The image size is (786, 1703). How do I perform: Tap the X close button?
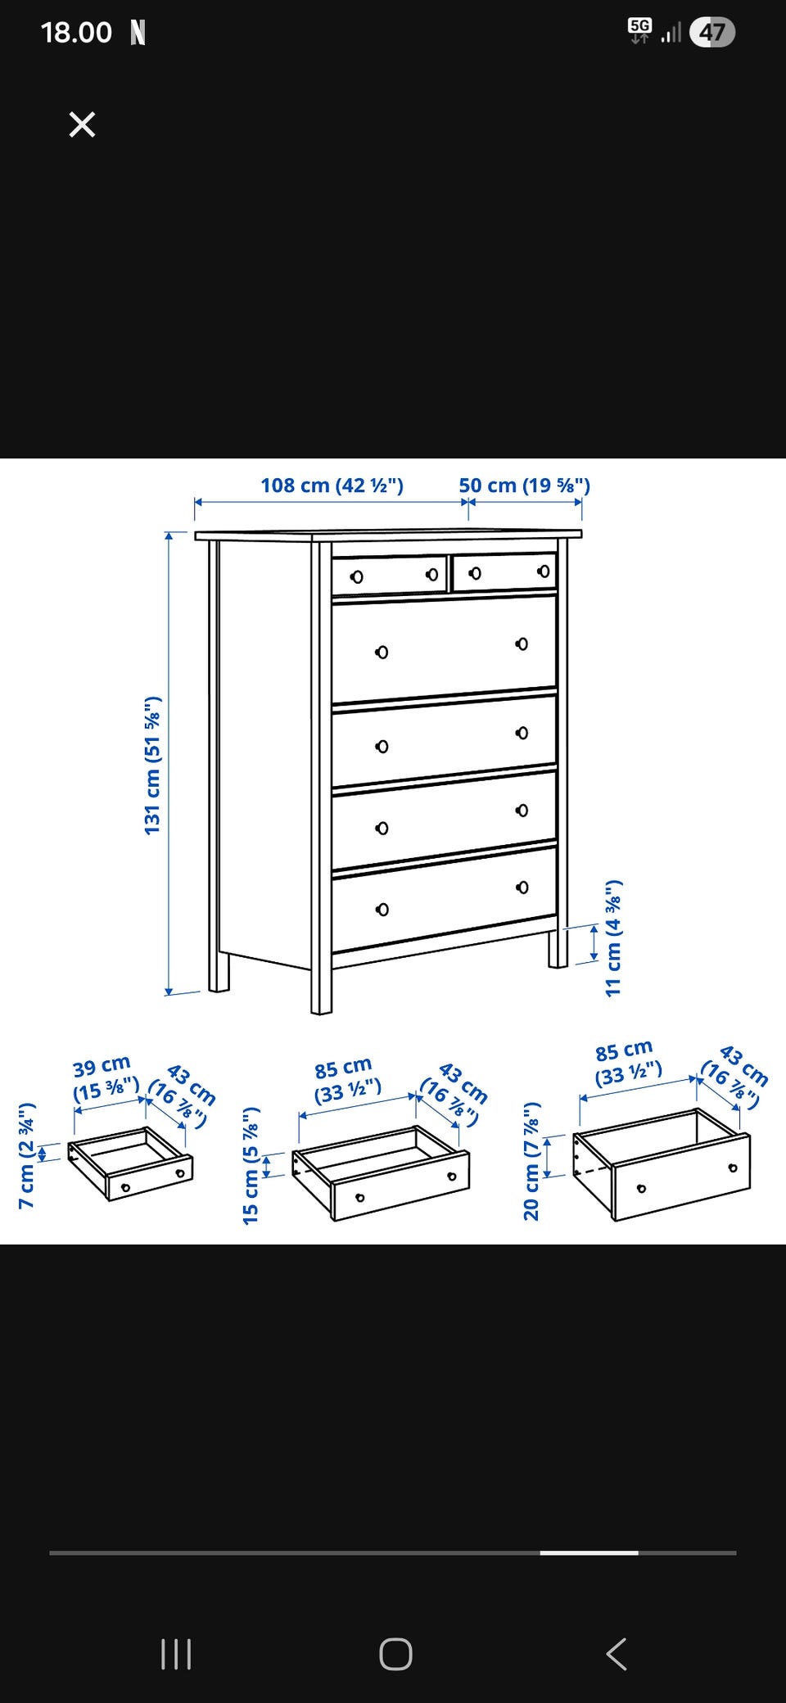(x=82, y=124)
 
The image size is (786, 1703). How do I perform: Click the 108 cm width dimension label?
(x=332, y=485)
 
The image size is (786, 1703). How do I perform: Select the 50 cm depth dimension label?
(x=524, y=485)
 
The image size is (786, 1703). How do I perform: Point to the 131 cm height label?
(x=152, y=766)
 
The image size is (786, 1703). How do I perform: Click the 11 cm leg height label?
(x=613, y=938)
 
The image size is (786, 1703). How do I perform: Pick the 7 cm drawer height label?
(x=26, y=1155)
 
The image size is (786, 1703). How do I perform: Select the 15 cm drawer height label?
(x=251, y=1165)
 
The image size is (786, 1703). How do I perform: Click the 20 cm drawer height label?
(x=531, y=1161)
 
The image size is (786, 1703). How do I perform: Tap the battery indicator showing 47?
(x=712, y=32)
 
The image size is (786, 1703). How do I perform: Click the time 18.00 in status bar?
(x=76, y=33)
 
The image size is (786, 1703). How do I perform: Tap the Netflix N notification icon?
(x=138, y=33)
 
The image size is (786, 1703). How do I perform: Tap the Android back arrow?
(x=617, y=1654)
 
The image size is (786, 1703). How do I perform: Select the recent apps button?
(x=176, y=1654)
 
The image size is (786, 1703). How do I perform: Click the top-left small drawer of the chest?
(x=390, y=575)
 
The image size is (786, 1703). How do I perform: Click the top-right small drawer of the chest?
(x=504, y=571)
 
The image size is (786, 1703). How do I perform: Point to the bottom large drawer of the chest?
(x=444, y=899)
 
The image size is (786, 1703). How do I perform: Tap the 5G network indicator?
(x=639, y=30)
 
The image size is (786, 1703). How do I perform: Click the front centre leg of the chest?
(x=322, y=982)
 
